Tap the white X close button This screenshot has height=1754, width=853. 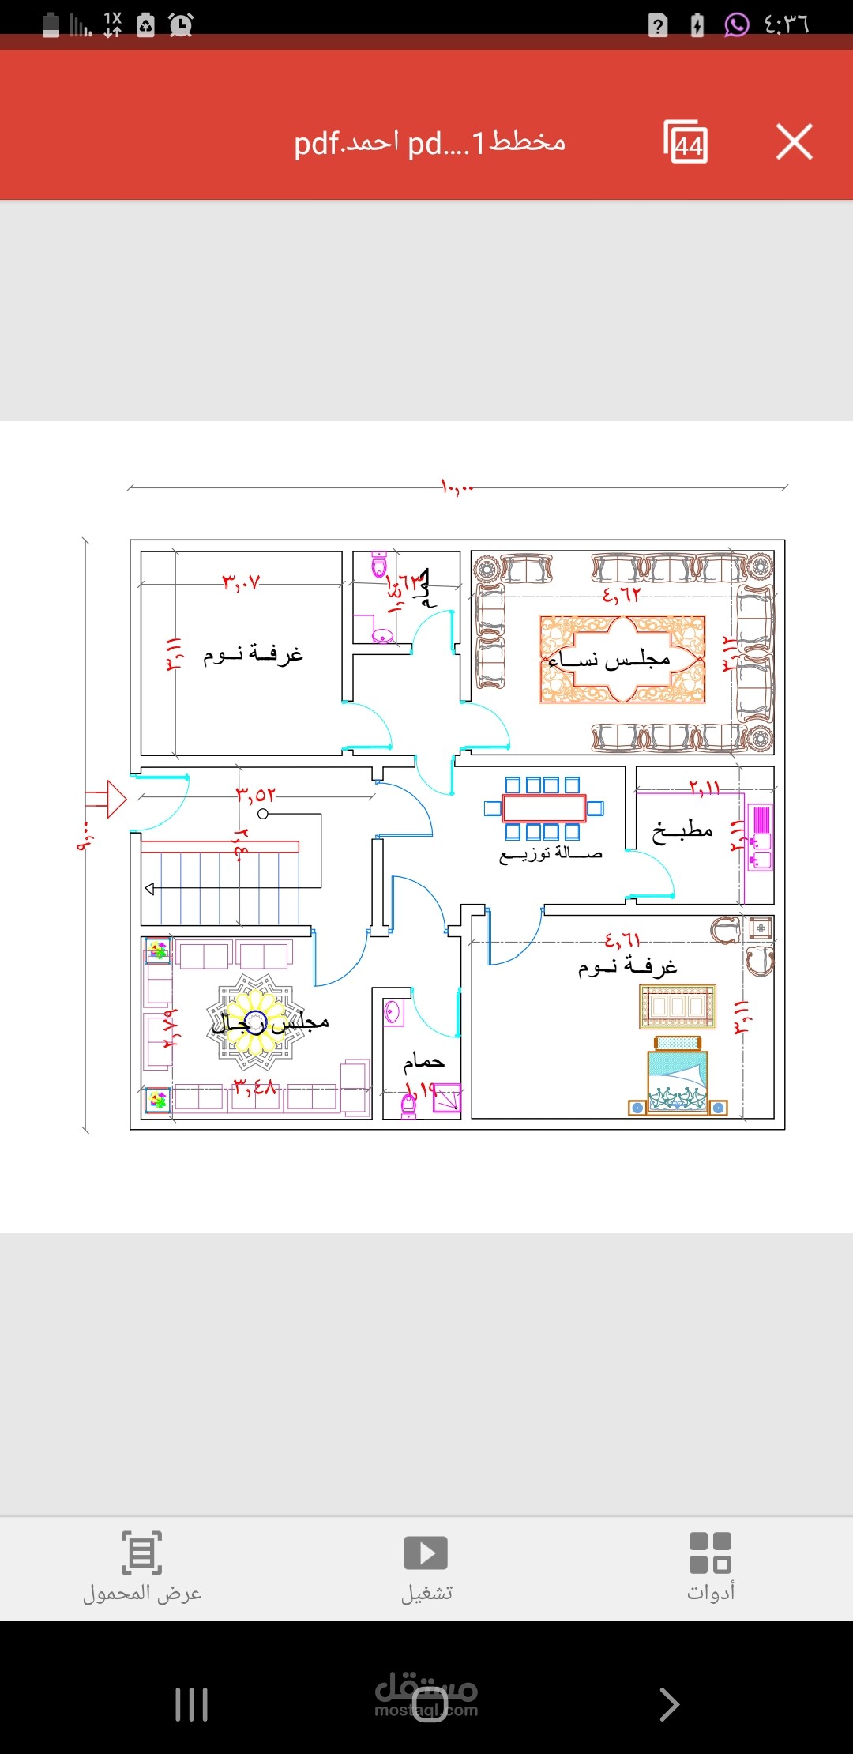click(x=794, y=142)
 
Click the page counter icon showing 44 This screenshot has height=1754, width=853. click(x=686, y=142)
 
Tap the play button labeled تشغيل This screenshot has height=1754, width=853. click(x=426, y=1553)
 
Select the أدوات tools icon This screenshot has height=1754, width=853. click(x=710, y=1553)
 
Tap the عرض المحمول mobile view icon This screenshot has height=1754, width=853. click(x=142, y=1553)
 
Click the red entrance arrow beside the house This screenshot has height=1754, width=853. click(x=107, y=799)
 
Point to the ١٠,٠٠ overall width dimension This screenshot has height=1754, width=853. click(x=457, y=487)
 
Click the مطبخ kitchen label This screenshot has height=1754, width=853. click(x=682, y=830)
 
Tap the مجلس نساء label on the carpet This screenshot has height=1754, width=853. click(x=609, y=660)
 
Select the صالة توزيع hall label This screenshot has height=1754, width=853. click(x=551, y=854)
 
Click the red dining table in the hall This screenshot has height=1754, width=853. click(x=543, y=808)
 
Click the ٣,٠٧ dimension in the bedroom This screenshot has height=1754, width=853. click(x=241, y=583)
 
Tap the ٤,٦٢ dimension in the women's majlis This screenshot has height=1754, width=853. click(x=621, y=594)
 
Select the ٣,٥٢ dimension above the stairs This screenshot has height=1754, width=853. click(x=256, y=794)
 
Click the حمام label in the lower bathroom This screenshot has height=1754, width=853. click(x=424, y=1061)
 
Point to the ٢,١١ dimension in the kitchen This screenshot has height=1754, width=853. click(x=704, y=788)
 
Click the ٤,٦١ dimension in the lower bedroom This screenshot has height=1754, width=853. click(x=622, y=940)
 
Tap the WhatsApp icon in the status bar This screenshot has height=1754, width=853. click(x=736, y=24)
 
